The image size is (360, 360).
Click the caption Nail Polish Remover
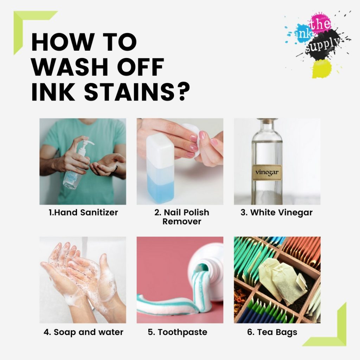[x=182, y=217]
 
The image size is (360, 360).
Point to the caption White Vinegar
[x=276, y=213]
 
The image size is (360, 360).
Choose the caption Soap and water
[x=83, y=332]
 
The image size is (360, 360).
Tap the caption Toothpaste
[x=178, y=332]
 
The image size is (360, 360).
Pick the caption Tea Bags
[x=272, y=332]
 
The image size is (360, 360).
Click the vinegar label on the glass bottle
[x=267, y=173]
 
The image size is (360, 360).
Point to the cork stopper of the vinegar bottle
[x=267, y=121]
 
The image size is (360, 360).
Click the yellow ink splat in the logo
[x=322, y=69]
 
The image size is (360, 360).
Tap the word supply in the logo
[x=323, y=45]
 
